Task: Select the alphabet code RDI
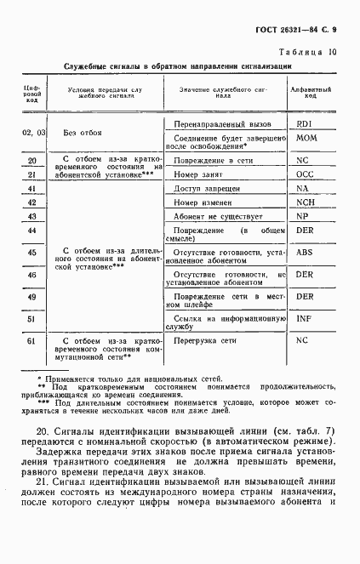click(302, 124)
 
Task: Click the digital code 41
click(31, 188)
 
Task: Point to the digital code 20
click(31, 160)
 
